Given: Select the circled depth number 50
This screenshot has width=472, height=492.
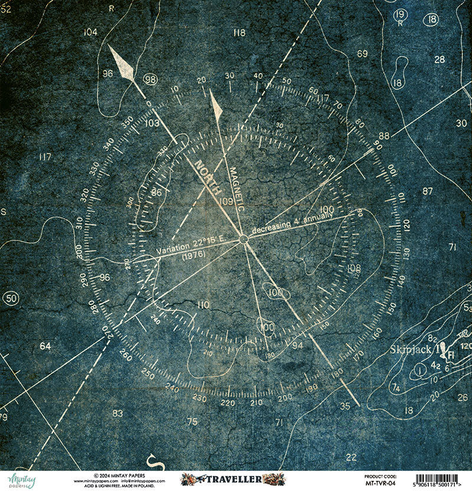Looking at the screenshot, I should coord(10,298).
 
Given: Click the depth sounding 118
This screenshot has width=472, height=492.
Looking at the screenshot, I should coord(238,33).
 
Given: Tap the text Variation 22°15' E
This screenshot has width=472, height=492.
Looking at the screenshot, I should coord(189,247).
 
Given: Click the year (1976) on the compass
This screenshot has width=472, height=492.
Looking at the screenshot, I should coord(194,256).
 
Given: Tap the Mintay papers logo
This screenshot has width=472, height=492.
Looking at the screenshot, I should coord(21,480).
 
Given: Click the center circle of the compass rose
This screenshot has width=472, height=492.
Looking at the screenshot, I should coord(242,239).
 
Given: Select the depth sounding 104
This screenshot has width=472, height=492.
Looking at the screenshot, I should coord(90,32).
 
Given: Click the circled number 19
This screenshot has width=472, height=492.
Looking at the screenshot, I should coord(400,15).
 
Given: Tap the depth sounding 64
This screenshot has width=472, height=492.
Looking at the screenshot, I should coord(45,346).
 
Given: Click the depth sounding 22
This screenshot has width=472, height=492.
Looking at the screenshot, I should coord(352,457).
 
